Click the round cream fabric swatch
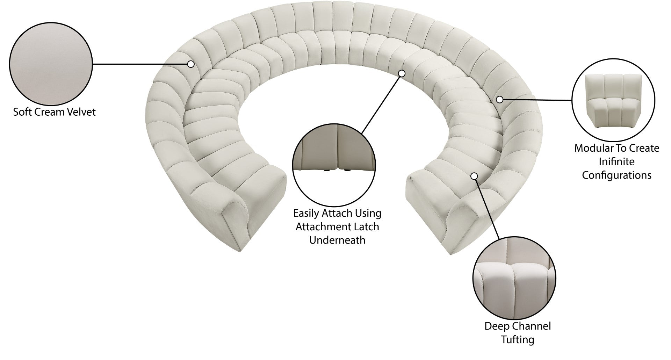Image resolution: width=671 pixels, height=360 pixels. (51, 65)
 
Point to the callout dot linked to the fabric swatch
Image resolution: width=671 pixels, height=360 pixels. (191, 64)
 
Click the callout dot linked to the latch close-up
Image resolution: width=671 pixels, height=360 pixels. (402, 73)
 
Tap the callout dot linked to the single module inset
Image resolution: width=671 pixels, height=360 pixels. (500, 100)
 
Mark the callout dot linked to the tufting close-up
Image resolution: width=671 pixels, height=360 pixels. (474, 176)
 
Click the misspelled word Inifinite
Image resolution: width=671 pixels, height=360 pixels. (617, 162)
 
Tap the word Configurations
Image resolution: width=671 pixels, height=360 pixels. (617, 175)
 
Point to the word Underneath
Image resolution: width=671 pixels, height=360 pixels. (337, 240)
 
